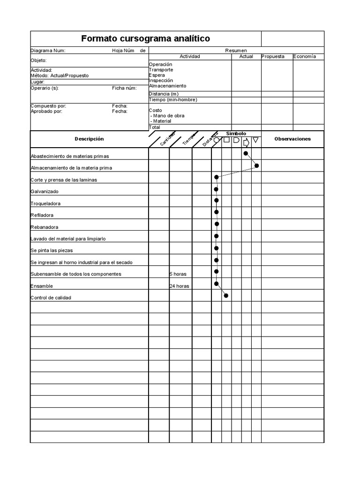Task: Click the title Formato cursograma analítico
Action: [x=145, y=38]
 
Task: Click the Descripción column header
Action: [x=89, y=139]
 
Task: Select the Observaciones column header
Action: [x=292, y=139]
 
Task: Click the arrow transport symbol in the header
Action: [x=246, y=142]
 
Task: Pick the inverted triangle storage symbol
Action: [x=256, y=140]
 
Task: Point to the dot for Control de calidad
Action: [x=226, y=295]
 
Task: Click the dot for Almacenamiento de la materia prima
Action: [x=256, y=165]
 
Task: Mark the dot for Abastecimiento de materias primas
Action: [x=246, y=153]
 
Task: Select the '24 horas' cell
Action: [x=180, y=286]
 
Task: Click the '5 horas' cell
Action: [x=178, y=274]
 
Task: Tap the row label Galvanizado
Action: [x=45, y=192]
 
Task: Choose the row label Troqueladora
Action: [x=45, y=203]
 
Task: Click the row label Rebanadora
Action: [x=45, y=227]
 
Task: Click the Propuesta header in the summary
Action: [x=273, y=56]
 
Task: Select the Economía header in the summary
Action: [x=305, y=56]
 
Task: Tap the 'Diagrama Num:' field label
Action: [x=48, y=51]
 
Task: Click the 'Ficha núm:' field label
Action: [x=124, y=88]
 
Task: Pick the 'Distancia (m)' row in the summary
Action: [x=164, y=94]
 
